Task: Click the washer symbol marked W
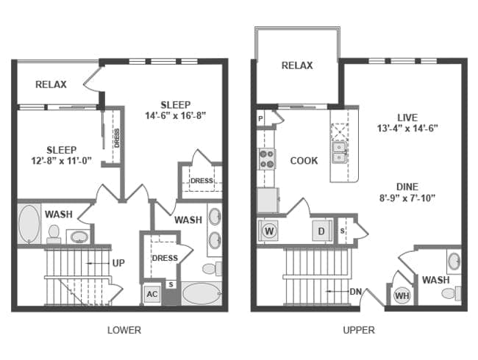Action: [269, 231]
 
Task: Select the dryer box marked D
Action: [321, 231]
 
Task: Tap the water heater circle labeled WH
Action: [402, 295]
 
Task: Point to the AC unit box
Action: [152, 294]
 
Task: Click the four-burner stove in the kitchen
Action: [267, 159]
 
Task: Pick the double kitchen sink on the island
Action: [339, 152]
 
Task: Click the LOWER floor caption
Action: [124, 330]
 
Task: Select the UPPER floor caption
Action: [359, 330]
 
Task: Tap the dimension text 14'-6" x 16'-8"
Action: [175, 116]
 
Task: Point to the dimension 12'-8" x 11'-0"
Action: [62, 160]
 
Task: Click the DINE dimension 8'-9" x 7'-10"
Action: [407, 198]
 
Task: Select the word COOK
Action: [304, 160]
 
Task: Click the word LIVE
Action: [407, 118]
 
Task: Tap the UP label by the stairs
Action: [118, 263]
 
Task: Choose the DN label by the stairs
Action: [355, 292]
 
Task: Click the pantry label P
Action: [260, 118]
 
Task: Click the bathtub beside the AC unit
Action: [201, 294]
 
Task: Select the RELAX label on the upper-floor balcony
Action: [297, 65]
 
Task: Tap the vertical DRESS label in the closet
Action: [117, 138]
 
